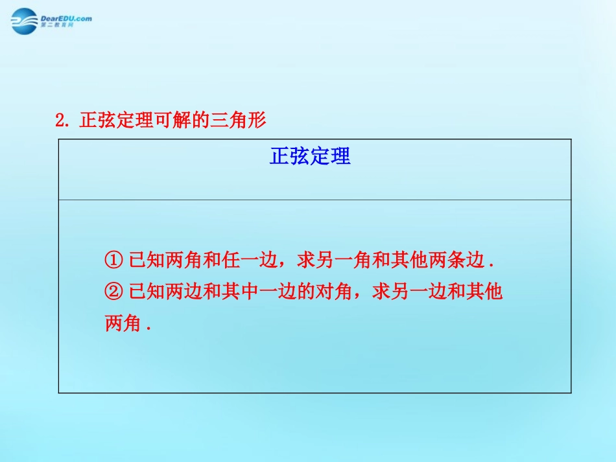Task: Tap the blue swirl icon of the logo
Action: pos(25,23)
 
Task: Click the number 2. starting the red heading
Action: pos(62,121)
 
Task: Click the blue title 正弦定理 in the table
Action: pos(310,157)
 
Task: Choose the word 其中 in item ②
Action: pos(241,292)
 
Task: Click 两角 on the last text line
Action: pos(123,324)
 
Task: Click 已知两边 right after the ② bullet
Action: pos(166,292)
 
